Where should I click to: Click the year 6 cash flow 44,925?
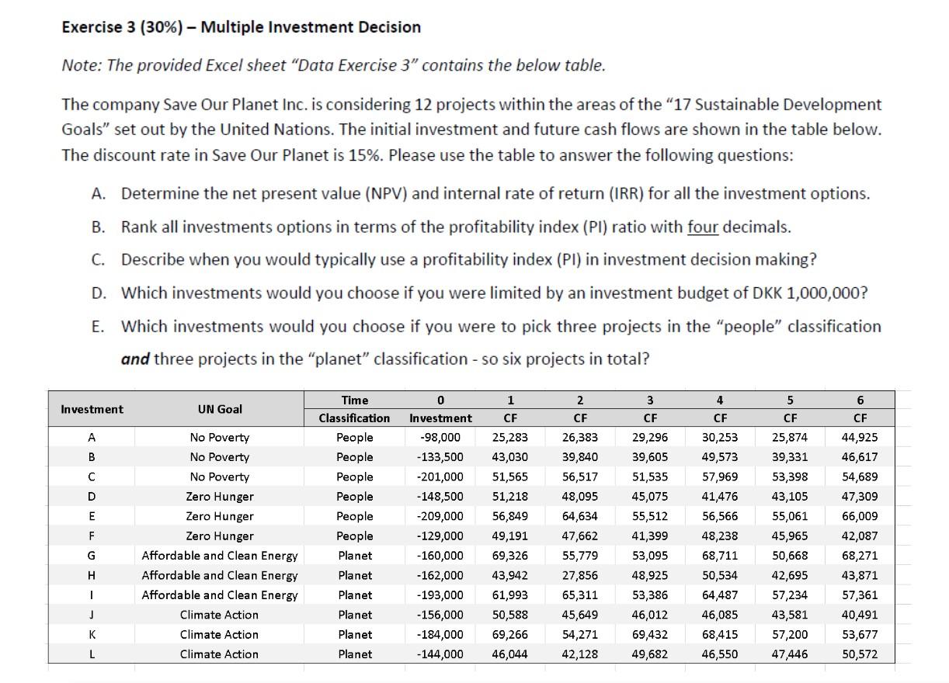pos(860,438)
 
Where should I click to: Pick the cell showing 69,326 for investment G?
pos(510,556)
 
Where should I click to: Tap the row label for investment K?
pos(92,635)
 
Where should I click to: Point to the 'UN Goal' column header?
pos(220,409)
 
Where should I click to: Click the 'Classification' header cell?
pos(355,418)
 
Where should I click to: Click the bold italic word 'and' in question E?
pos(135,359)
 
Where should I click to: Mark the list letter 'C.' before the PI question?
pos(98,260)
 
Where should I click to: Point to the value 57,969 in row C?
pos(720,477)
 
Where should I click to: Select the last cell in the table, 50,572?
pos(860,654)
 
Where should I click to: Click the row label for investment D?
pos(92,497)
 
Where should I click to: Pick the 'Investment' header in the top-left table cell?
pos(92,409)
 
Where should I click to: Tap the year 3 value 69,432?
pos(650,635)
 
